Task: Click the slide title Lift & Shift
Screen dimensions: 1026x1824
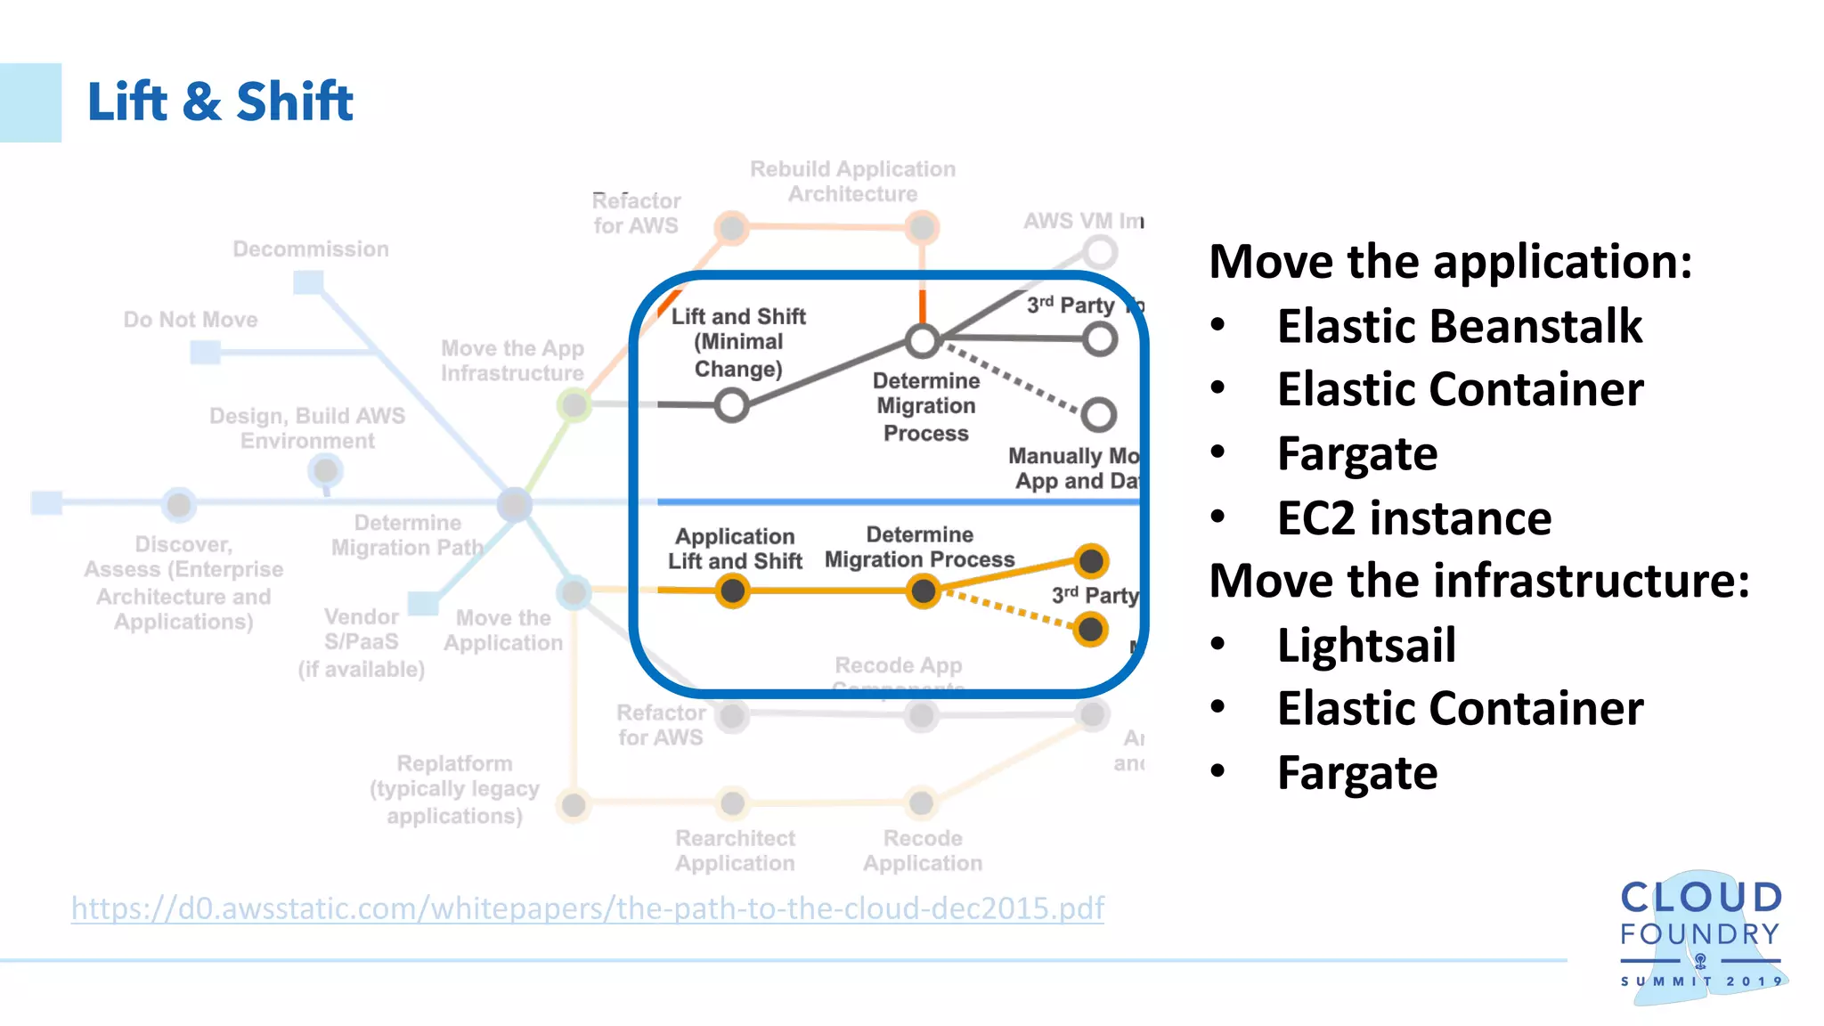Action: coord(220,102)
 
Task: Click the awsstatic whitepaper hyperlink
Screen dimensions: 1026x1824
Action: coord(587,908)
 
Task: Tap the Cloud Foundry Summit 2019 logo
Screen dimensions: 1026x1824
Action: coord(1701,934)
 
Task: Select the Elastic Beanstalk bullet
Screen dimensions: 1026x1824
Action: coord(1459,326)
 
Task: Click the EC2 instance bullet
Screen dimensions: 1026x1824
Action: coord(1413,518)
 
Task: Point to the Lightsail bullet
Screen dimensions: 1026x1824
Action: coord(1366,645)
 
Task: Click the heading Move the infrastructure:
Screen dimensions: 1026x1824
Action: coord(1478,581)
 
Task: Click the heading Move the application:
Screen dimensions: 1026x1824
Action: coord(1450,262)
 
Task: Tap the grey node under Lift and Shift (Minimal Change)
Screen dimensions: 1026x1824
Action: coord(731,405)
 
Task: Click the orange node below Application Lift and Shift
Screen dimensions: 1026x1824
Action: coord(732,590)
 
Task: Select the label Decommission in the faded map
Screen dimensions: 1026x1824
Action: coord(311,249)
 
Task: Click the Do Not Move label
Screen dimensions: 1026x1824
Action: coord(191,320)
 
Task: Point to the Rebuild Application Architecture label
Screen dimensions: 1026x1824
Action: coord(852,182)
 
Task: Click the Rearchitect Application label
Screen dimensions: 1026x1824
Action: coord(735,851)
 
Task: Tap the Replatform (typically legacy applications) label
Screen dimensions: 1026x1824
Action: coord(454,789)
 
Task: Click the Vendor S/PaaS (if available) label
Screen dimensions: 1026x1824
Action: coord(361,642)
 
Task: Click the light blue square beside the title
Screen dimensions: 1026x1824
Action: coord(30,102)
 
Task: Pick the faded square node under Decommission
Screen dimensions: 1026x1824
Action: coord(308,283)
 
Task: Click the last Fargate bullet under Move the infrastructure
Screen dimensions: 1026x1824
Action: coord(1356,773)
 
